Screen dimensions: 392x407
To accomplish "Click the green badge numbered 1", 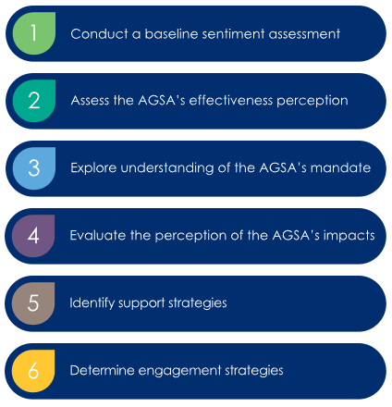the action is (34, 33).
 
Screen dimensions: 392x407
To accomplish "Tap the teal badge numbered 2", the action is (34, 101).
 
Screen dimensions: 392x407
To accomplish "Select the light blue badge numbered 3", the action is (34, 168).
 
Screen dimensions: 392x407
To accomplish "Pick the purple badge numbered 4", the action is (33, 236).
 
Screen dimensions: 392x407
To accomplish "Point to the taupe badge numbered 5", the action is (33, 303).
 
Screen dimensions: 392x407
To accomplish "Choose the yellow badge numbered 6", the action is (33, 371).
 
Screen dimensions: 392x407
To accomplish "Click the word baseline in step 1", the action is (171, 33).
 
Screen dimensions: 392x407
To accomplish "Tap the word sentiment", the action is (233, 33).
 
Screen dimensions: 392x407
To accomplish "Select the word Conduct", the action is (99, 33).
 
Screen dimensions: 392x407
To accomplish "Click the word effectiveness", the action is (231, 100).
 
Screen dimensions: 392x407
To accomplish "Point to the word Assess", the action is (91, 100).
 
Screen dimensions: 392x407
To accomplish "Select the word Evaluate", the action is (98, 235).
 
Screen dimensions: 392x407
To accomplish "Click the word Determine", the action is (102, 370).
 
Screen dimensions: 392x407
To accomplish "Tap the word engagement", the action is (179, 371).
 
